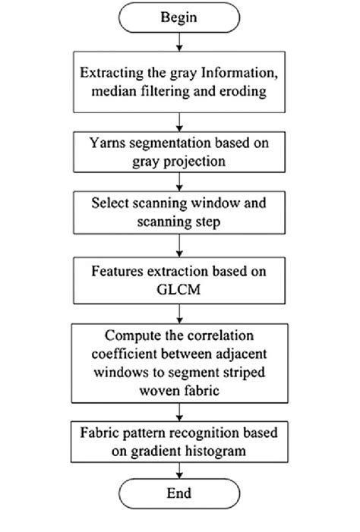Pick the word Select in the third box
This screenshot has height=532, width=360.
coord(110,204)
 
